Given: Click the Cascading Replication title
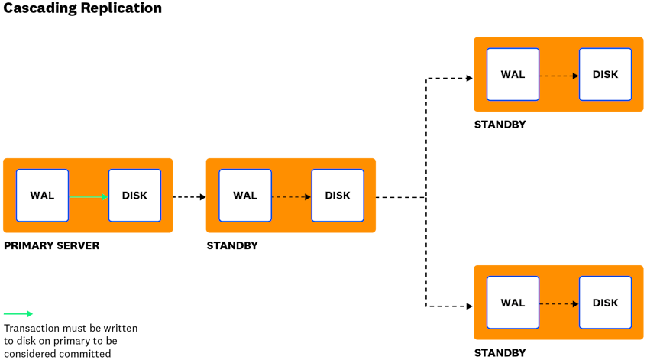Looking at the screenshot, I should click(82, 8).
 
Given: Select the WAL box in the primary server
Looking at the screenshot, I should click(43, 196).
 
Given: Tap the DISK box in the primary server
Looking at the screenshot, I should click(134, 196).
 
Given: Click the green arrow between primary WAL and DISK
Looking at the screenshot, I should click(88, 197).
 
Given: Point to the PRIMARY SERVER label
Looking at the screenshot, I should click(52, 246).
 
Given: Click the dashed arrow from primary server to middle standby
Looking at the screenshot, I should click(189, 197).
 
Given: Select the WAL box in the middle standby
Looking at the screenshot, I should click(245, 196).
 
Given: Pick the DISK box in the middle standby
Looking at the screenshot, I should click(337, 196).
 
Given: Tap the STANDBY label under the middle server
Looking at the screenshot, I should click(232, 246).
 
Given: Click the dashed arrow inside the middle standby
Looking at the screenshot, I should click(291, 197).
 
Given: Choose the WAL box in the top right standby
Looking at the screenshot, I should click(513, 75).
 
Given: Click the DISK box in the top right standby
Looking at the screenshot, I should click(605, 75).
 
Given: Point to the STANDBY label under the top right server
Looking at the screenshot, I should click(500, 125).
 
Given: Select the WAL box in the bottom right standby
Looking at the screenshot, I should click(513, 303).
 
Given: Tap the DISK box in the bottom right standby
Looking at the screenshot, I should click(605, 303).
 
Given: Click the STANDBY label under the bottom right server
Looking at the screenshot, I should click(500, 352).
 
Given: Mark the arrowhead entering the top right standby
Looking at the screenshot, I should click(469, 77).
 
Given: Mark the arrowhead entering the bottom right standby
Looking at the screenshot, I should click(469, 306).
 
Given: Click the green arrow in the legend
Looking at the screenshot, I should click(18, 314).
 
